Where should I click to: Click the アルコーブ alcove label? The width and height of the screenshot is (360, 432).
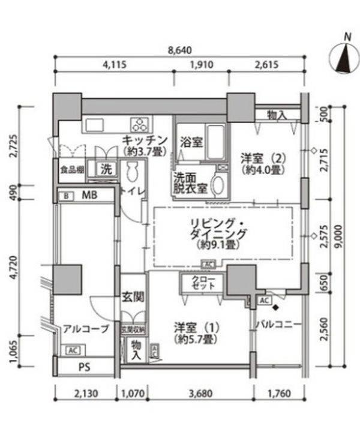click(x=86, y=329)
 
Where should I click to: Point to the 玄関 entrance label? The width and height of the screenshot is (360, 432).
click(x=133, y=296)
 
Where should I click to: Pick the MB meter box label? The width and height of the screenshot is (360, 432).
click(x=89, y=195)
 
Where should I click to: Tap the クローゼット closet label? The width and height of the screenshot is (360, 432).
click(x=203, y=283)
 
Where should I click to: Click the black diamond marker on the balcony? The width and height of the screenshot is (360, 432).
click(x=275, y=308)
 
